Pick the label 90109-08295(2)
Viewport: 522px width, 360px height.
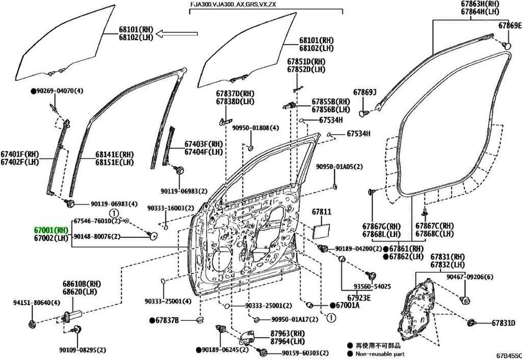[82, 350]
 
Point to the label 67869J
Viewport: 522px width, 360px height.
[364, 92]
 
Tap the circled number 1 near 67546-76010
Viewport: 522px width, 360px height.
[113, 213]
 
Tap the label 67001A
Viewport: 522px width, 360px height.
[348, 305]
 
